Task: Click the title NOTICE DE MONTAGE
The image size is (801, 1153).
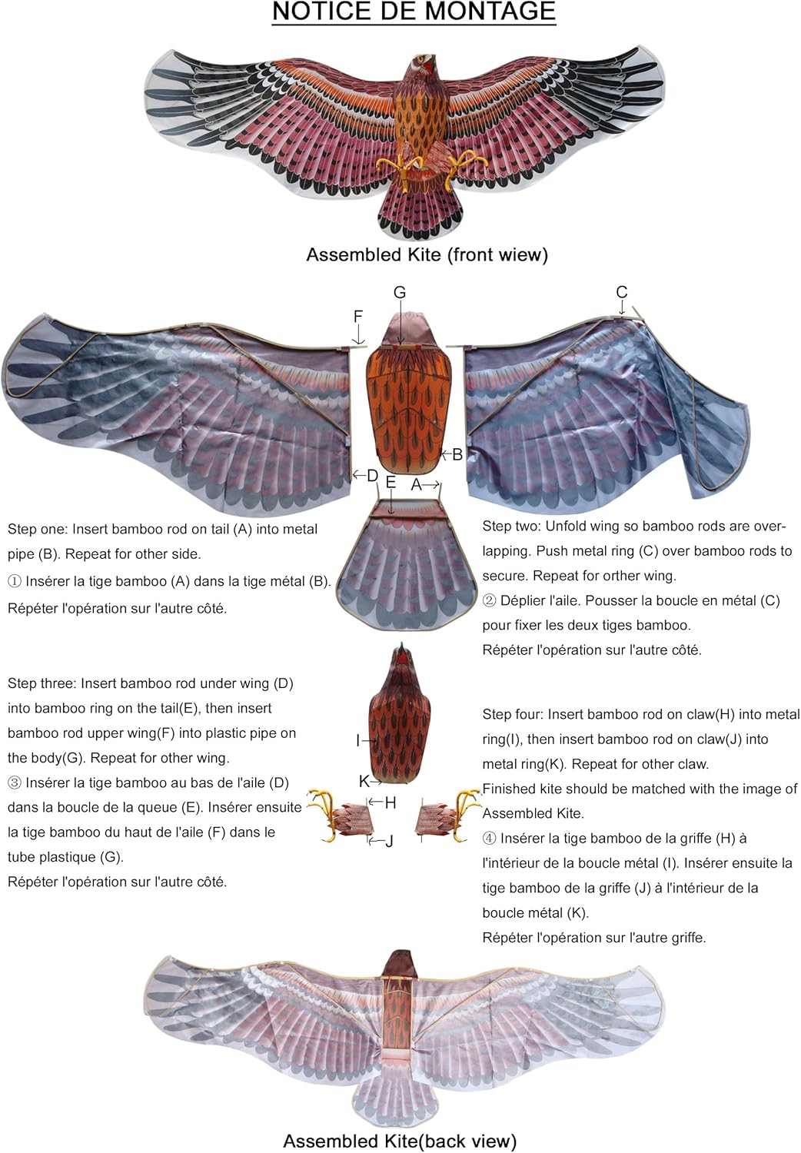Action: tap(414, 12)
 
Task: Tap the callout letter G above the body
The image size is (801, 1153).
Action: tap(400, 293)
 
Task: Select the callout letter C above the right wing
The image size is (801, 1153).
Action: tap(622, 292)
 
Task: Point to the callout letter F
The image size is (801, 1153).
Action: tap(357, 317)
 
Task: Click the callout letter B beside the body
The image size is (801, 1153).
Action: tap(457, 454)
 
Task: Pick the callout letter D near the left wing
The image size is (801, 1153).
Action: tap(372, 476)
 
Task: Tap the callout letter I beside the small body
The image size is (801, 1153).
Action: tap(357, 740)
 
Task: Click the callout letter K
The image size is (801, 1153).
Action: tap(364, 781)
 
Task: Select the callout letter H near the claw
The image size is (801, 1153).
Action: tap(391, 803)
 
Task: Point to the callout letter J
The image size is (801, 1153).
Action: tap(390, 841)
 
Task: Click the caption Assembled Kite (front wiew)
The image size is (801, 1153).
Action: tap(427, 255)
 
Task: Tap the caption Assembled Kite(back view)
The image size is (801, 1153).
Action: tap(400, 1141)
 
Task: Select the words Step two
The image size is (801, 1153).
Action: tap(510, 527)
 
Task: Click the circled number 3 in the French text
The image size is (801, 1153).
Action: tap(15, 783)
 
